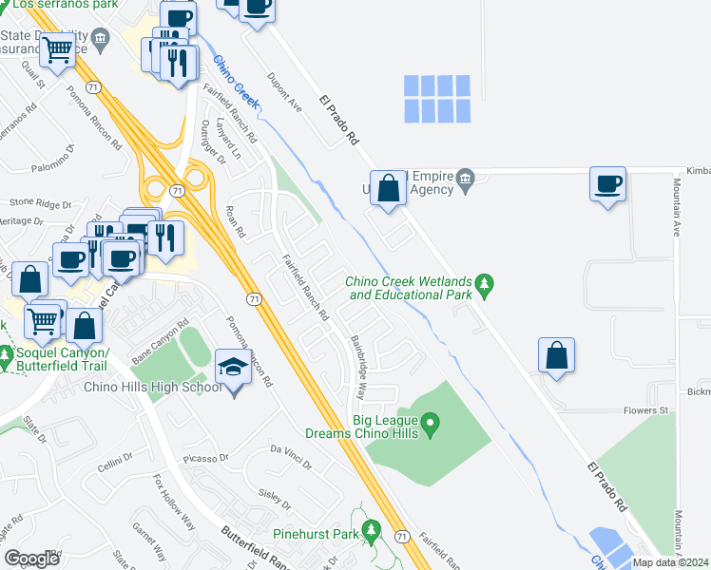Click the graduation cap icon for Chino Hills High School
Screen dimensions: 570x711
click(233, 365)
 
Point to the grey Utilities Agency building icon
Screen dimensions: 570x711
click(466, 180)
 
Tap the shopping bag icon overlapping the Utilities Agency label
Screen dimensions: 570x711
click(388, 187)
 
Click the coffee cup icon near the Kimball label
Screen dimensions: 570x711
click(607, 183)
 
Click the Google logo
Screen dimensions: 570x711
click(31, 559)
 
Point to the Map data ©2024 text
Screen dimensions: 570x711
click(671, 562)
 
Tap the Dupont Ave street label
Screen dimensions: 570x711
click(284, 94)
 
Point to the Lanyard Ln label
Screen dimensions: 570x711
click(224, 139)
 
